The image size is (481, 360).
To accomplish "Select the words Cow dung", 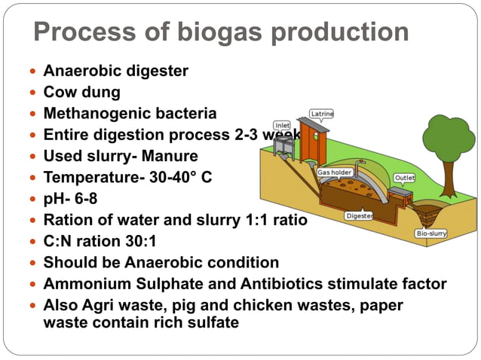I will point(81,93).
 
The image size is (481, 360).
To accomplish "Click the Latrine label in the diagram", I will point(322,114).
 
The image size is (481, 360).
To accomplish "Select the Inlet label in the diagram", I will point(282,125).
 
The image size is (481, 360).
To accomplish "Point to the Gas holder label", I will point(335,172).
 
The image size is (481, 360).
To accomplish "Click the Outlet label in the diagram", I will point(405,178).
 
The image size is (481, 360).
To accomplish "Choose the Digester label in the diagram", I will point(358,215).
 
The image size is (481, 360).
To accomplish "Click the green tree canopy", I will point(448,138).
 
